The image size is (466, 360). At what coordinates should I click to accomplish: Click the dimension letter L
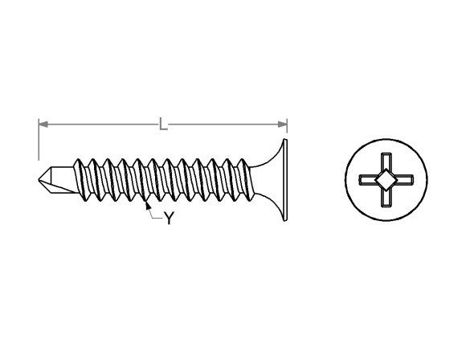click(162, 124)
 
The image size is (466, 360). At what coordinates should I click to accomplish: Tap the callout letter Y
click(169, 219)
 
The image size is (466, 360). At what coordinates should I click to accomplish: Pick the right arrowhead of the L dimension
click(283, 124)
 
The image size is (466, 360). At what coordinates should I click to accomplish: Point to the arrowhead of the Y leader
click(147, 205)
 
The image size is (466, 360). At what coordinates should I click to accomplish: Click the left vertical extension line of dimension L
click(38, 141)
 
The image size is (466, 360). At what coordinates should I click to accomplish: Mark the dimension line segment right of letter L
click(225, 124)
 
